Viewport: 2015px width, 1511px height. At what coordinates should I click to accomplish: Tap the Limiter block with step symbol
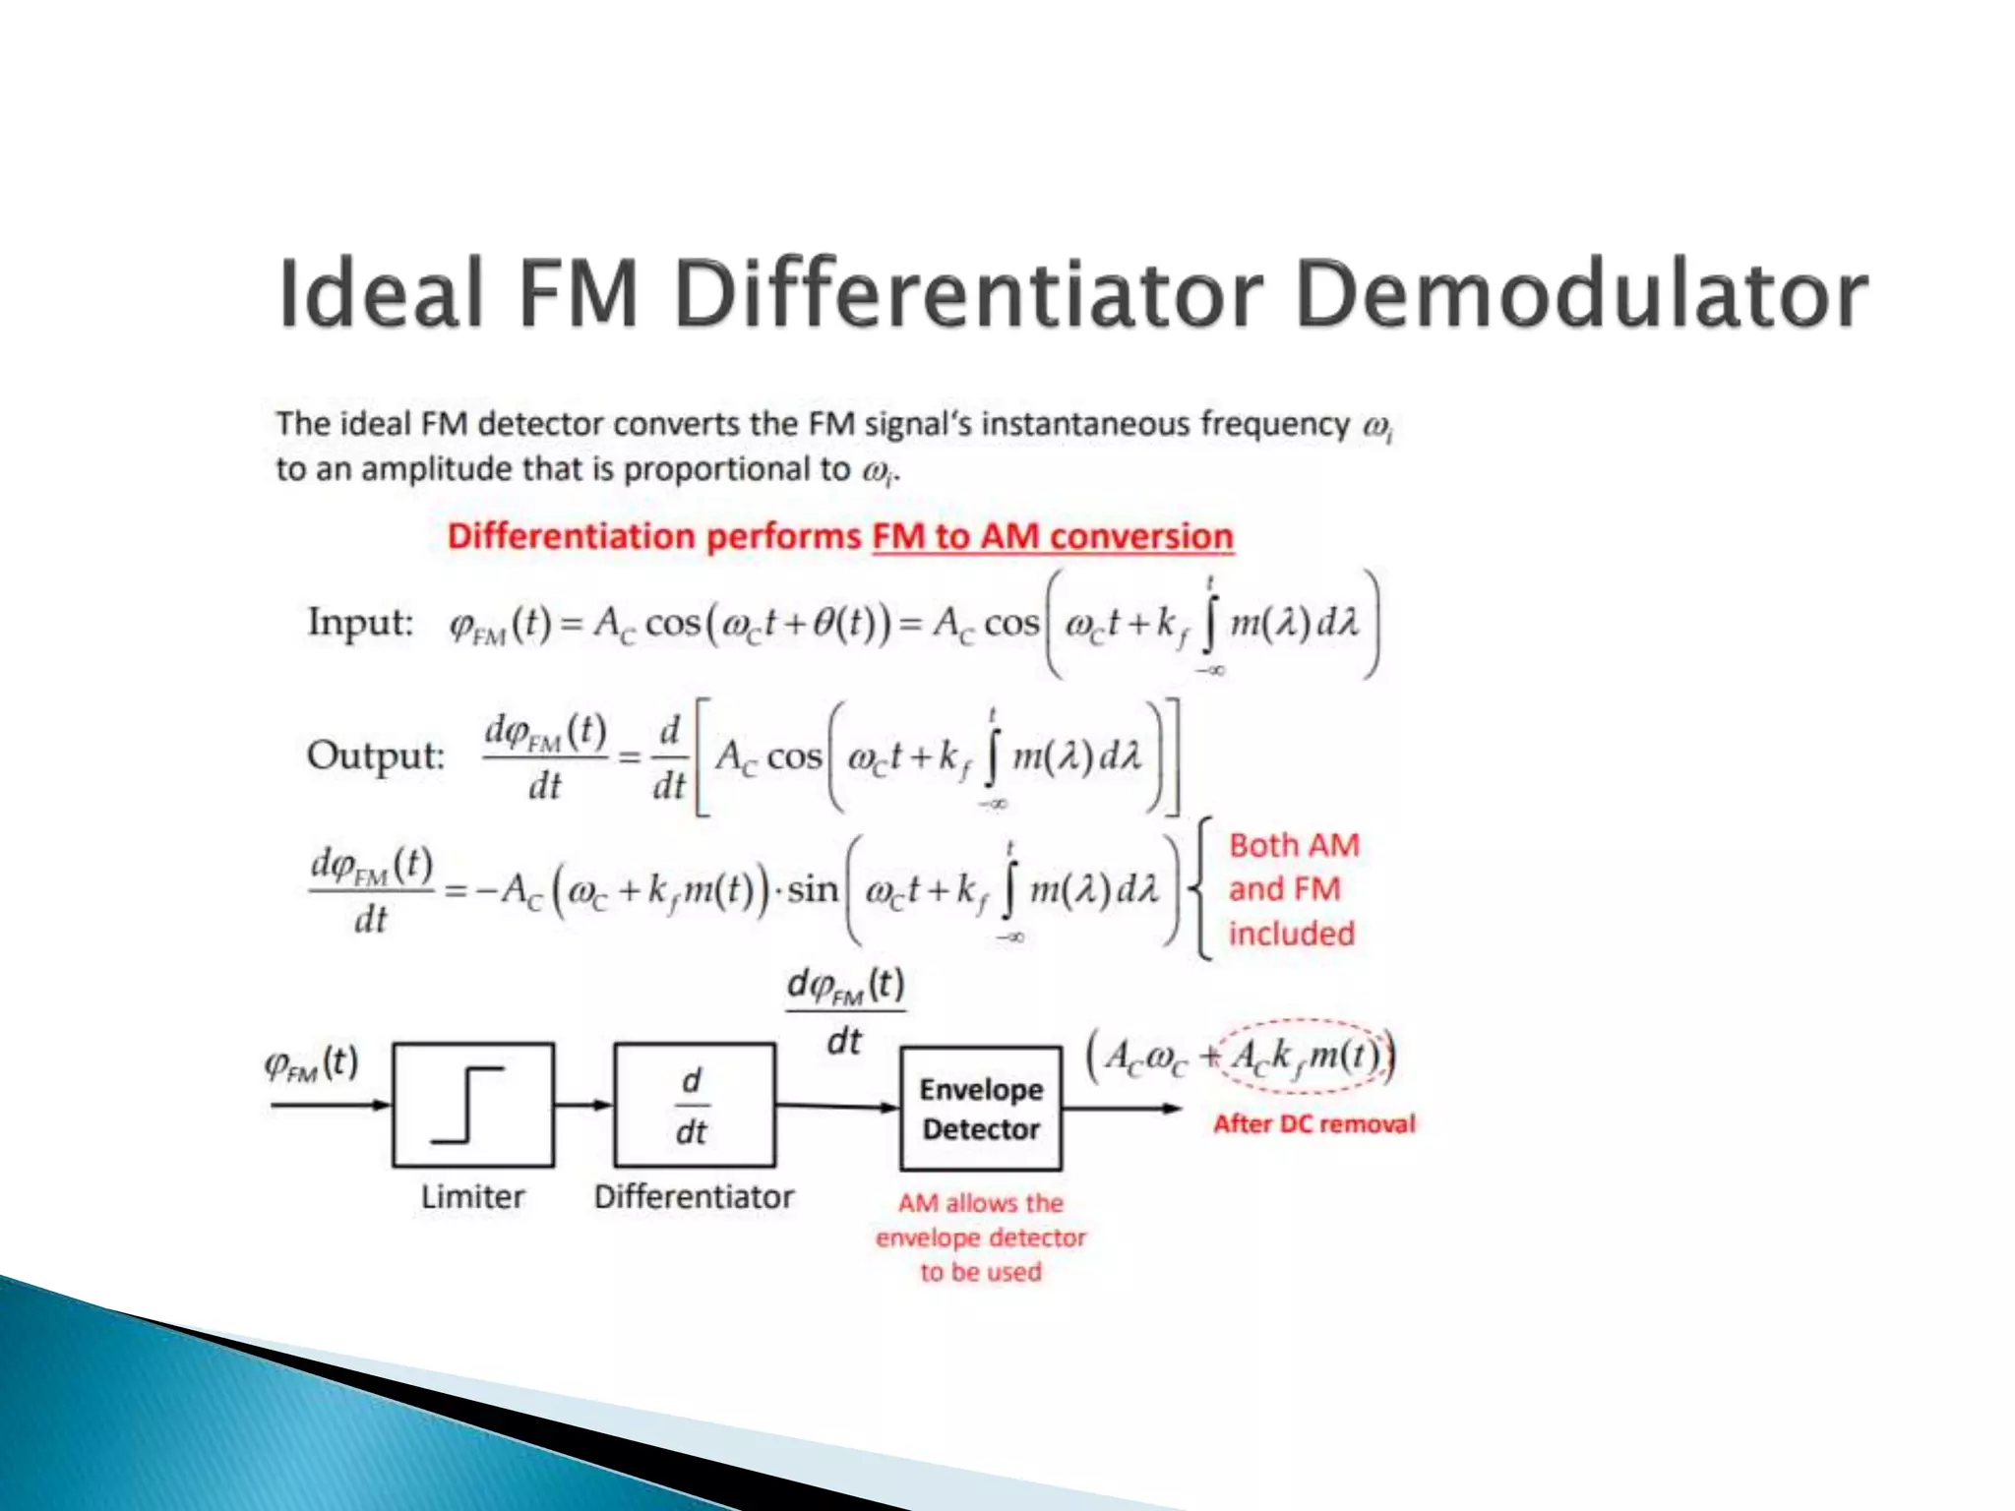473,1105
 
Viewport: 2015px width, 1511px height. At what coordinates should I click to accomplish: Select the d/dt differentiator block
694,1105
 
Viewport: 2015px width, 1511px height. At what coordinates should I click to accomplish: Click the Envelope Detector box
981,1109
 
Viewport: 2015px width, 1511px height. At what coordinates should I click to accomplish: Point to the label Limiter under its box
472,1197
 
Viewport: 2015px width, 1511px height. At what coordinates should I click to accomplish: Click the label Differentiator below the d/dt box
694,1197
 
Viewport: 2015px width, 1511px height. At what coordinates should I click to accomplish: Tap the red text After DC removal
1313,1123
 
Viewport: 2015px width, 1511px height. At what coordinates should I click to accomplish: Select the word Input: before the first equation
360,623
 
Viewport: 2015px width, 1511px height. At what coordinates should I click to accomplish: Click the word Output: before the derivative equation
375,755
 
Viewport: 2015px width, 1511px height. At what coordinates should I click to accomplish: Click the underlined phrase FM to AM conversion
1052,536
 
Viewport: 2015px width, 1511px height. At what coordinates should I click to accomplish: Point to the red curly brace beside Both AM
1201,888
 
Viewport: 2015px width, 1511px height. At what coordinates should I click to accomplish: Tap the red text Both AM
1294,845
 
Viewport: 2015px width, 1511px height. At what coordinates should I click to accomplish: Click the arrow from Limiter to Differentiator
583,1105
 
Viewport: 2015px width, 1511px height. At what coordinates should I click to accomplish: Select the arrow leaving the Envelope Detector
1122,1109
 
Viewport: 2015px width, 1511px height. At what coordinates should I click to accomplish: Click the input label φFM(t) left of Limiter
311,1063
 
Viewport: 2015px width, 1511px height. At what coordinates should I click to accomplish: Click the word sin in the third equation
812,889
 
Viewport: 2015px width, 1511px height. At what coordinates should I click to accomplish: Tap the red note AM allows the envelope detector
981,1237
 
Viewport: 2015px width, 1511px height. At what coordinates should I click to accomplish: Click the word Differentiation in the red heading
571,536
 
